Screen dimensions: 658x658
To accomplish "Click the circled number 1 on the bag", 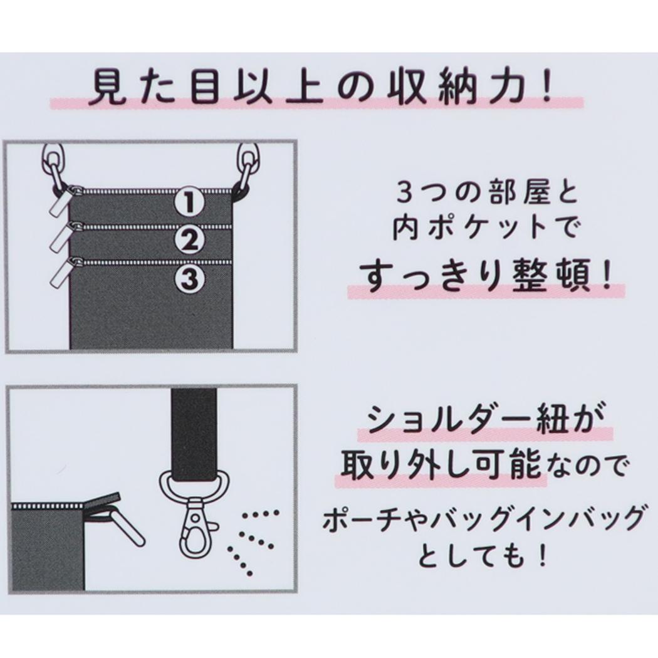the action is click(x=189, y=202).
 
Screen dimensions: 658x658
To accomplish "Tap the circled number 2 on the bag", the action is click(x=189, y=240).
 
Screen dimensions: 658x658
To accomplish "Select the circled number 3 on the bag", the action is click(x=189, y=278).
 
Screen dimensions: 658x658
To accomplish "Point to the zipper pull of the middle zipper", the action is click(x=61, y=236).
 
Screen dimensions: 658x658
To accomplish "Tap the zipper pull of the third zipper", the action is click(x=61, y=273).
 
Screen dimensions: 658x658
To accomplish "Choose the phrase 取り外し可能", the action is click(x=441, y=466).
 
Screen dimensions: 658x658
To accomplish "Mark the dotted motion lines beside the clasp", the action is click(x=252, y=541).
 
